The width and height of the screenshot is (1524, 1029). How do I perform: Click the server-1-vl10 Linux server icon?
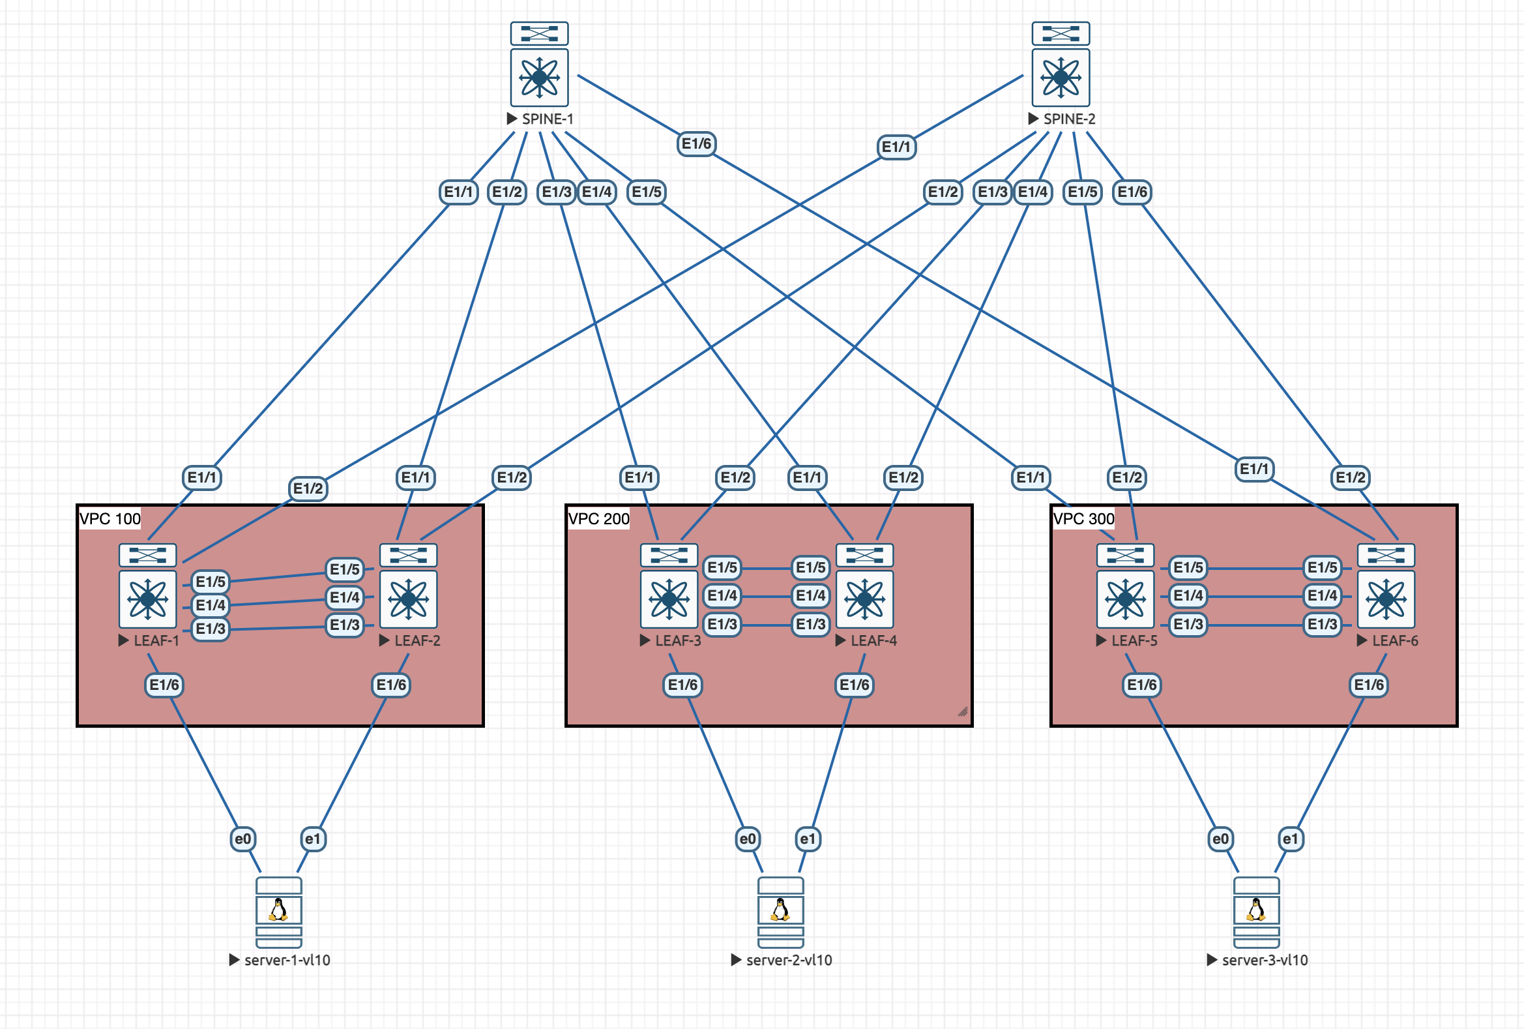click(279, 912)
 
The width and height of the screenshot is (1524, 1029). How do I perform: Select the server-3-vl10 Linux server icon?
click(1256, 912)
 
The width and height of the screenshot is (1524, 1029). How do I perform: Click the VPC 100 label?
click(110, 519)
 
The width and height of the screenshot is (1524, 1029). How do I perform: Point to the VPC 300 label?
click(1083, 519)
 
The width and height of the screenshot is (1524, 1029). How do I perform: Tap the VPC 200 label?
click(598, 519)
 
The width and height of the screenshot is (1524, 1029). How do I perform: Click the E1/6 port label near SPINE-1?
click(696, 143)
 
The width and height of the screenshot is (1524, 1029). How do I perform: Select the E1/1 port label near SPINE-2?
click(896, 147)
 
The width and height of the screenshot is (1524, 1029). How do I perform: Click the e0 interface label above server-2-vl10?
click(748, 839)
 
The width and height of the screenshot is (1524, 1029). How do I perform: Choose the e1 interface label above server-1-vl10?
click(313, 839)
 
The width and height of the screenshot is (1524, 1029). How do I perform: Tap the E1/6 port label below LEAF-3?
click(682, 685)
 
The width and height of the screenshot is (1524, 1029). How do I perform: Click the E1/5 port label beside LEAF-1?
click(211, 582)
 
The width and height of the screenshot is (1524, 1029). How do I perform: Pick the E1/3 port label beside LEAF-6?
click(1322, 624)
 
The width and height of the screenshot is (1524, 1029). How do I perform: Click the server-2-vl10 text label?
click(788, 960)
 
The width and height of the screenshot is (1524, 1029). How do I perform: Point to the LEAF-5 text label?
click(1134, 641)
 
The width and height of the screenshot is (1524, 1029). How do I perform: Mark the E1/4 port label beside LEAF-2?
click(344, 597)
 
